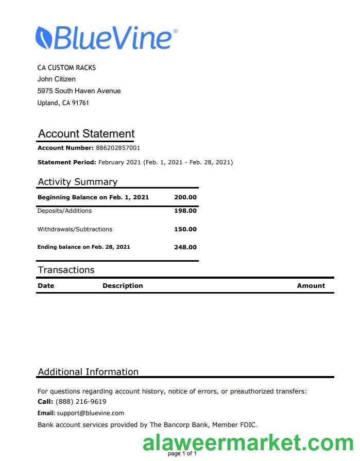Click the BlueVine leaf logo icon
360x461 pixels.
pyautogui.click(x=44, y=38)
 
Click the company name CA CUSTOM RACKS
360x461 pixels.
pyautogui.click(x=66, y=67)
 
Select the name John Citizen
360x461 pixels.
pyautogui.click(x=57, y=79)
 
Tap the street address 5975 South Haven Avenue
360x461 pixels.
pyautogui.click(x=79, y=91)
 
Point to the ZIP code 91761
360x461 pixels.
pyautogui.click(x=81, y=103)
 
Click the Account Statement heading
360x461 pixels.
pyautogui.click(x=86, y=134)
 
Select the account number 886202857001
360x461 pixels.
pyautogui.click(x=118, y=148)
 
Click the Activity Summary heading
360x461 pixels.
pyautogui.click(x=77, y=182)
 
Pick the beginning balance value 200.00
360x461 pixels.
pyautogui.click(x=185, y=197)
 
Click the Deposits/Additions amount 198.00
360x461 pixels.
pyautogui.click(x=185, y=211)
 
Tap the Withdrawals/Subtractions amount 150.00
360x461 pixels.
pyautogui.click(x=185, y=229)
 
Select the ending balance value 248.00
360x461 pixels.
pyautogui.click(x=185, y=247)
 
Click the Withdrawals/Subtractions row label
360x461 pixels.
pyautogui.click(x=75, y=229)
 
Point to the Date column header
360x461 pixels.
pyautogui.click(x=46, y=285)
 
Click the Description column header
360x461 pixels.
pyautogui.click(x=123, y=285)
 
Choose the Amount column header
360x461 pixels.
pyautogui.click(x=311, y=285)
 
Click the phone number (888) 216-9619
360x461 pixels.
pyautogui.click(x=81, y=402)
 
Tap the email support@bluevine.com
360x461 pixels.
pyautogui.click(x=91, y=413)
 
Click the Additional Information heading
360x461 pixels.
pyautogui.click(x=88, y=372)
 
